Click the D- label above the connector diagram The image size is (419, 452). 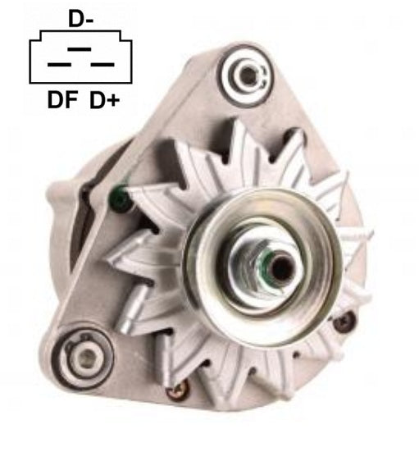point(80,18)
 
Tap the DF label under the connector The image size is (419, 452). point(62,100)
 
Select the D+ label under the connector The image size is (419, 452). point(105,100)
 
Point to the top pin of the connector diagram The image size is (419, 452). point(80,49)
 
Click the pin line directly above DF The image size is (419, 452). point(59,65)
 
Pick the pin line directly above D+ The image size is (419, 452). point(102,65)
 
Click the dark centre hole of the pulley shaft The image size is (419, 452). point(280,268)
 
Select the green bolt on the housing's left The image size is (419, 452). point(120,199)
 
